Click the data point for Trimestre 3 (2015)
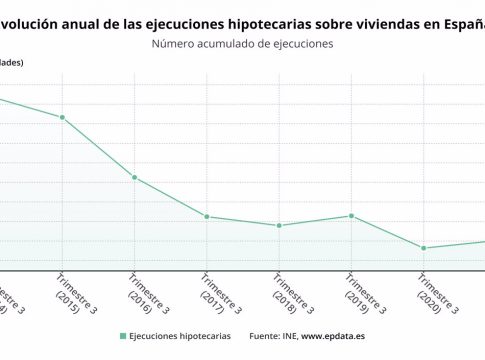[x=62, y=118]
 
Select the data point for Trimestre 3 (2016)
[x=134, y=177]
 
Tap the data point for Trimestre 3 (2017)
[x=206, y=217]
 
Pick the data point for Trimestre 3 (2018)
[x=279, y=226]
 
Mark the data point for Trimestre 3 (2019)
[x=351, y=216]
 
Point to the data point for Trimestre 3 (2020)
[x=424, y=248]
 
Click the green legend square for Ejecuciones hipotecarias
[x=123, y=337]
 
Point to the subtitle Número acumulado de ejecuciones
[x=242, y=44]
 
